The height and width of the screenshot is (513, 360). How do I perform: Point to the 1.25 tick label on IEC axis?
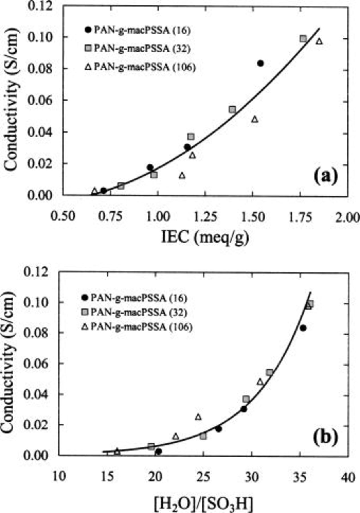click(x=205, y=217)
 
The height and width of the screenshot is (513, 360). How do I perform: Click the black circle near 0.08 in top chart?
click(x=260, y=63)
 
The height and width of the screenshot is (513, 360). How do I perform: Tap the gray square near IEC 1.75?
click(x=303, y=38)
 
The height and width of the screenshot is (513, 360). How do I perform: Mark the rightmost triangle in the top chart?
click(x=319, y=41)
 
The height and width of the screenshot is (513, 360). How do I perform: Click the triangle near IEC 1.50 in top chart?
click(x=255, y=119)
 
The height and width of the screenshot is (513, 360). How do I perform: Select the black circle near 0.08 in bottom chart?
click(x=303, y=328)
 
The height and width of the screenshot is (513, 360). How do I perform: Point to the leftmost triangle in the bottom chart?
click(x=117, y=451)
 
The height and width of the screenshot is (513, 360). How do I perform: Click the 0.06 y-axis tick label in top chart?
click(x=42, y=100)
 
